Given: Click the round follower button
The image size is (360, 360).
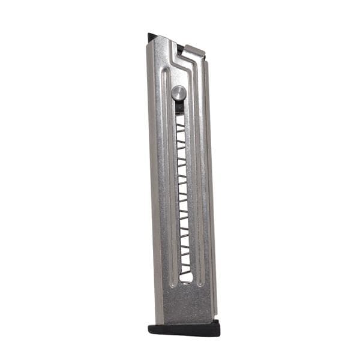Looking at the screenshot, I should (178, 92).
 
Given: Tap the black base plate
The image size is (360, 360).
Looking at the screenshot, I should (184, 329).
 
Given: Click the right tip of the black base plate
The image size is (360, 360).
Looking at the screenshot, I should (218, 327).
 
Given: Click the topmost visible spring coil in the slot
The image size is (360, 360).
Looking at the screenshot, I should (180, 119).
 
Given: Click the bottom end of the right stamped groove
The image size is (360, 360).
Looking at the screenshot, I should (200, 282).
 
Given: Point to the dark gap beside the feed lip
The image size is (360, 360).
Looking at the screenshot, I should (179, 47).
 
